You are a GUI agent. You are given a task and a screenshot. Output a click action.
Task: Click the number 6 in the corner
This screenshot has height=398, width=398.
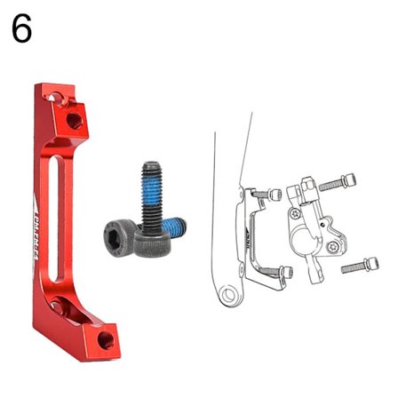22,28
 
